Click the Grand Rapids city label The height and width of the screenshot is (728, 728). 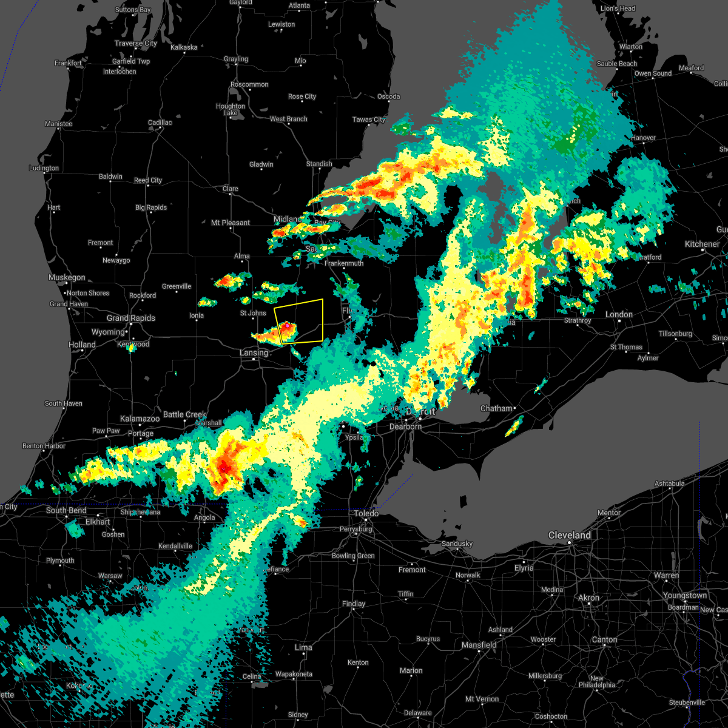(x=131, y=318)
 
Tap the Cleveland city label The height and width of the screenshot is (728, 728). (x=569, y=535)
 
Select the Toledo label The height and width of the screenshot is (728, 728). (x=366, y=513)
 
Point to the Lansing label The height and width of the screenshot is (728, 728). (x=254, y=352)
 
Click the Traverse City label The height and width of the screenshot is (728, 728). (x=136, y=43)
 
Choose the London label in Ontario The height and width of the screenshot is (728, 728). (x=619, y=314)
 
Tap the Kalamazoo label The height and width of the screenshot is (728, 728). (x=140, y=419)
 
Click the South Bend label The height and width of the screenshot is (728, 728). (x=66, y=510)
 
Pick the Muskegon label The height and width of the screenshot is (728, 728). (x=67, y=277)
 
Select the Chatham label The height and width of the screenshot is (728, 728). (x=497, y=408)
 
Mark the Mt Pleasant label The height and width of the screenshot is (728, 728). (x=231, y=223)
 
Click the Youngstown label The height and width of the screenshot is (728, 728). (x=684, y=595)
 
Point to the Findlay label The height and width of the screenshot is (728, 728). (x=354, y=604)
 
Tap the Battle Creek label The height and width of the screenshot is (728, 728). (x=185, y=414)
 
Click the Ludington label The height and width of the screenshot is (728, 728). (x=44, y=168)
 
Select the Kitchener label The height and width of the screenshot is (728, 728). (x=702, y=244)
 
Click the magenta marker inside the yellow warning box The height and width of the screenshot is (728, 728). (x=286, y=326)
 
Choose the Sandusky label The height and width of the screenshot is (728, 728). (x=457, y=544)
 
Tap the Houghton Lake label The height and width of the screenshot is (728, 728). (x=231, y=109)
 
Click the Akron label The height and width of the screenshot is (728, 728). (x=588, y=598)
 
